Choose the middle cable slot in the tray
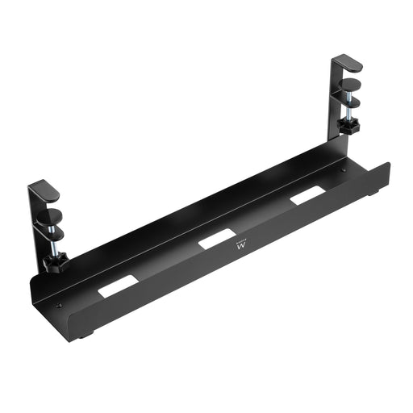coord(215,240)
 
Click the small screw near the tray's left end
coord(59,305)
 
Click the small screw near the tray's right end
coord(344,171)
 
